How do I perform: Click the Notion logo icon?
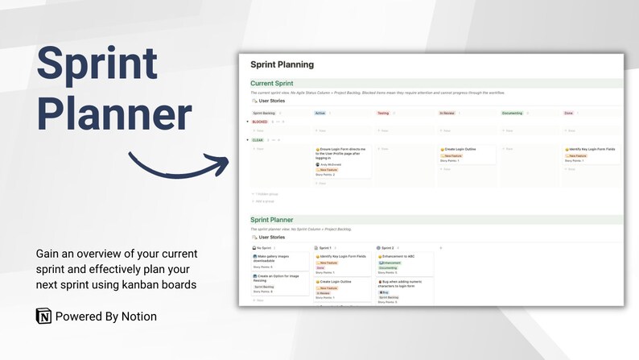tap(43, 316)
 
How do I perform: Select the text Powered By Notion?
tap(106, 317)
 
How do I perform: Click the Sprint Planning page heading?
tap(282, 64)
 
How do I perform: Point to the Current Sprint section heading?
tap(271, 83)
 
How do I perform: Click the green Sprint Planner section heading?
tap(271, 219)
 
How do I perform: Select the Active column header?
tap(320, 113)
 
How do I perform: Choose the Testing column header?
tap(384, 113)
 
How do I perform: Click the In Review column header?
tap(447, 113)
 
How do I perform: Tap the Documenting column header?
tap(512, 113)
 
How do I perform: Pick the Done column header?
tap(569, 113)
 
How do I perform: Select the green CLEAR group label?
tap(258, 140)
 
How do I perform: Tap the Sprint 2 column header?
tap(387, 248)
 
